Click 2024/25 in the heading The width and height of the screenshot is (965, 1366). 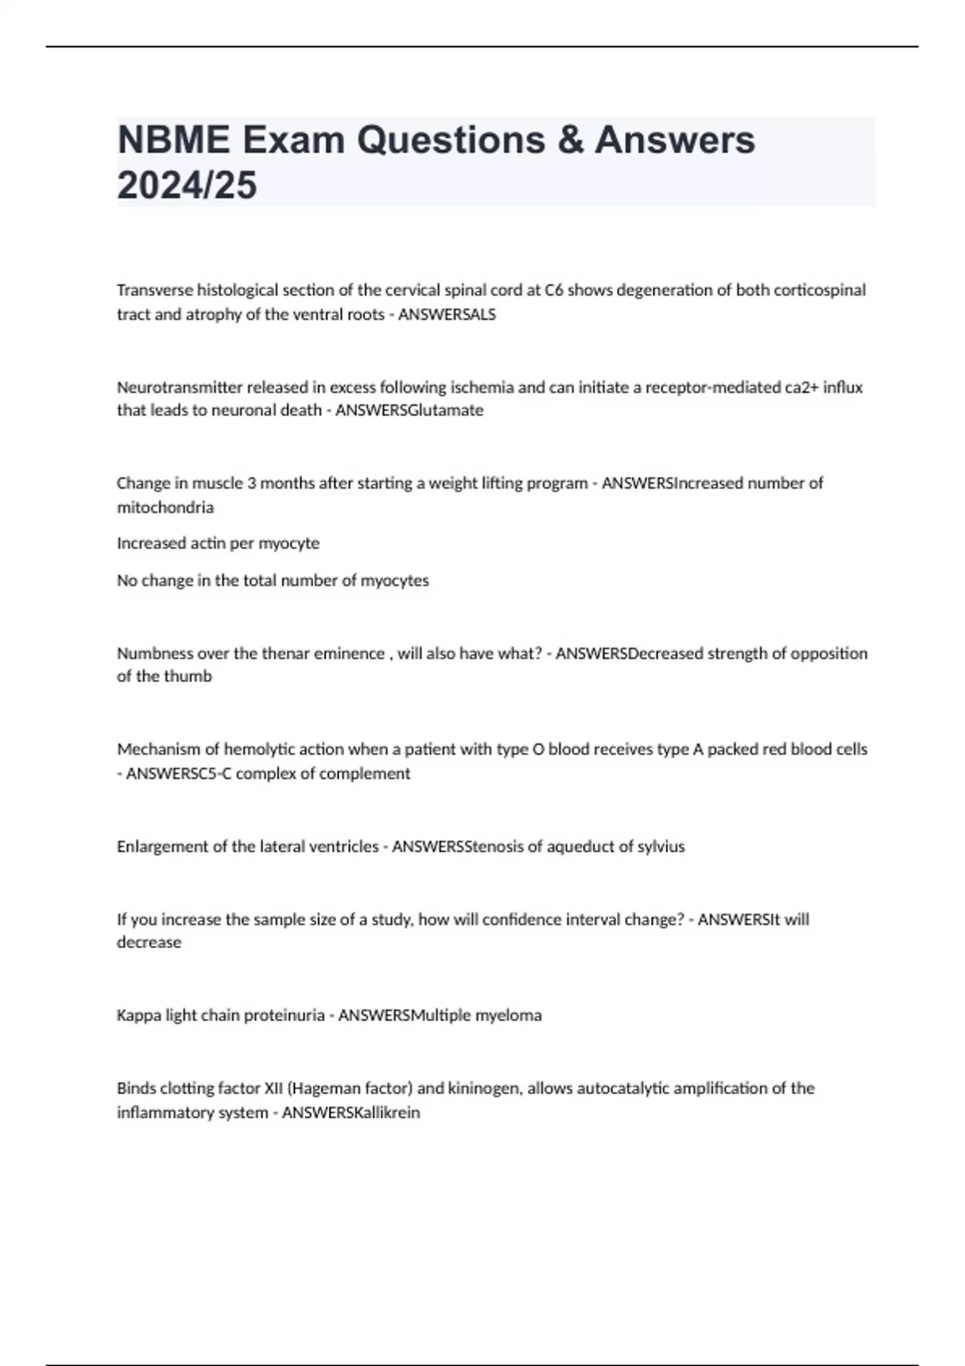tap(187, 186)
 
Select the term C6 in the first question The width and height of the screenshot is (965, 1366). tap(554, 290)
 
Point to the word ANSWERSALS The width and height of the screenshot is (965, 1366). tap(447, 315)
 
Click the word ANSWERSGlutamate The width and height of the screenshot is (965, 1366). tap(409, 411)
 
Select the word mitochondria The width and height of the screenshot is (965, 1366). tap(165, 508)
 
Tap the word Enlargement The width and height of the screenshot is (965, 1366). tap(163, 847)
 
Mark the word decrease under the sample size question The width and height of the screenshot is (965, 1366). tap(149, 943)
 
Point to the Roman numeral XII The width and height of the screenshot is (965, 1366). tap(273, 1089)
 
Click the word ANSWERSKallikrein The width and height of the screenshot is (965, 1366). tap(351, 1113)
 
